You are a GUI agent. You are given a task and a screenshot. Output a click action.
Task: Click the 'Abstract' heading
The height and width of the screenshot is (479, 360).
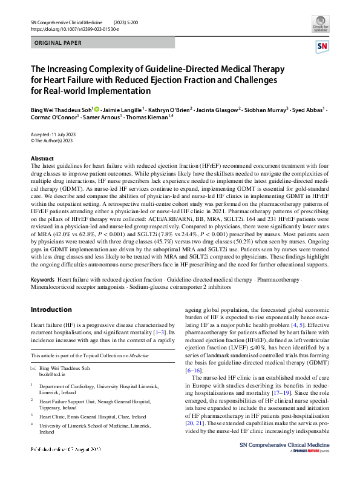(42, 158)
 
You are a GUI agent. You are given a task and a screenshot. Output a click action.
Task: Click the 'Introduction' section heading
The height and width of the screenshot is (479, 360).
(51, 309)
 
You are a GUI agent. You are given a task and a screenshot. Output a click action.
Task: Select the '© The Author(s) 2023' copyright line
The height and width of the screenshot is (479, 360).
(51, 140)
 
